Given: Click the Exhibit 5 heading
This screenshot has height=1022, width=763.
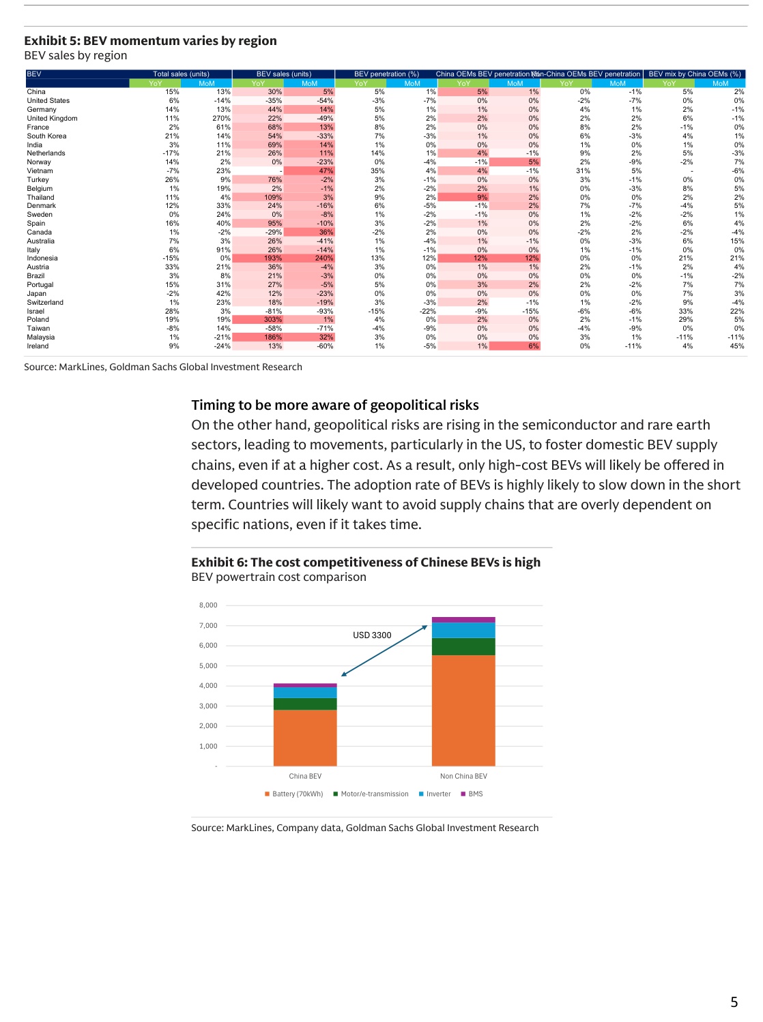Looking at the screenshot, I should pos(150,41).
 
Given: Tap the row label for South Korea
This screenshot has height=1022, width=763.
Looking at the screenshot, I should pos(46,136).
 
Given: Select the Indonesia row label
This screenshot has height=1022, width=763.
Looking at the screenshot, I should pos(42,258).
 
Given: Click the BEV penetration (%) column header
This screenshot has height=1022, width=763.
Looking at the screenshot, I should pos(386,74).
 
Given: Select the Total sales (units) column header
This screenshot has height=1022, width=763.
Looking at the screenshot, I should pos(181,74).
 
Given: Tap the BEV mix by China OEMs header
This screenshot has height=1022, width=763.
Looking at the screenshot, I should pos(694,74).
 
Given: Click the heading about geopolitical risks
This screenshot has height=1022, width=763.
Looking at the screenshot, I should pos(335,405).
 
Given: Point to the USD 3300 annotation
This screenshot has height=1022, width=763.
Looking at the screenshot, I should pos(372,635).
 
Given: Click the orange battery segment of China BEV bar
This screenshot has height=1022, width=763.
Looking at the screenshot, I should pos(305,738).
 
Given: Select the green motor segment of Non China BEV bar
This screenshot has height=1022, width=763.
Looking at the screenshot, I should pos(463,646).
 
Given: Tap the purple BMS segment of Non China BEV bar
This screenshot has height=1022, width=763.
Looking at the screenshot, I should pos(463,620).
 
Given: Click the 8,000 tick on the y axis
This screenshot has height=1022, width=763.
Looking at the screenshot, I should pos(208,605).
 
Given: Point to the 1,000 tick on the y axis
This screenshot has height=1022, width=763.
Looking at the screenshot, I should pos(208,747).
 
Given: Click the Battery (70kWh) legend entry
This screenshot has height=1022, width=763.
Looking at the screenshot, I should pos(294,794).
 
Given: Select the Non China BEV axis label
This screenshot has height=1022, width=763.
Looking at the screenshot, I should pos(463,777).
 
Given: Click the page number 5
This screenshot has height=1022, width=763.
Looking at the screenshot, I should pos(734,1002).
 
